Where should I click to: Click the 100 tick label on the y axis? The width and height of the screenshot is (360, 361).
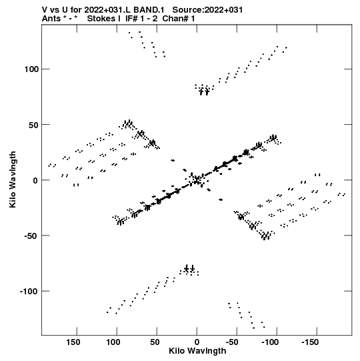point(31,69)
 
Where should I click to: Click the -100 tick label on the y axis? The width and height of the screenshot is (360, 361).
point(29,291)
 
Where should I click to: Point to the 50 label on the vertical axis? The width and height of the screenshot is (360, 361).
point(33,125)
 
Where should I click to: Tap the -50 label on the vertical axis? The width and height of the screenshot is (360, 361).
point(31,236)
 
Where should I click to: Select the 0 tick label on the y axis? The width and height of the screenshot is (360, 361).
point(35,180)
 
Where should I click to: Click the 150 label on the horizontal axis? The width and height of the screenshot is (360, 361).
point(73,342)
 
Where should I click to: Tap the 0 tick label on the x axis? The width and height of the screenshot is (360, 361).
point(197,342)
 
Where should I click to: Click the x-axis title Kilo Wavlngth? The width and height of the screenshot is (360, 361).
point(197,351)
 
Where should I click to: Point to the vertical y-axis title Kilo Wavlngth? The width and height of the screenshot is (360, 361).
point(13,179)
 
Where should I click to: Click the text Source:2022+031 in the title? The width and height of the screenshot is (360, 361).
point(207,10)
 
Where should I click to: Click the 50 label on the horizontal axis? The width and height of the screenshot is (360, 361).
point(155,342)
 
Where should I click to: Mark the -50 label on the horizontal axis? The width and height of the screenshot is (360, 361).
point(232,342)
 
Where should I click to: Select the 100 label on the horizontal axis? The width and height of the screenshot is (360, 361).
point(113,342)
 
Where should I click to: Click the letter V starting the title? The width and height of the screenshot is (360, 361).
point(45,10)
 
